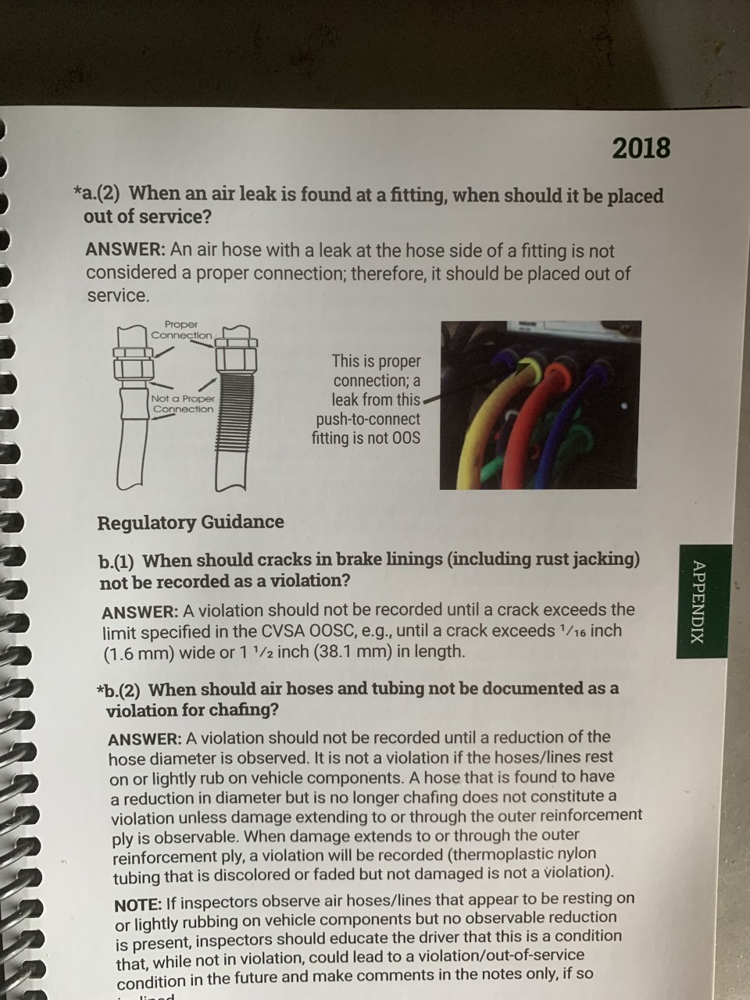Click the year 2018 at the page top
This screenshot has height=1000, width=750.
641,148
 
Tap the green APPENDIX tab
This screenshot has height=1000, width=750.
703,601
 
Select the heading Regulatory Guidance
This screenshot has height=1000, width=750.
191,522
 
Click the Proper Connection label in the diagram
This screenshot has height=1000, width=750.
181,330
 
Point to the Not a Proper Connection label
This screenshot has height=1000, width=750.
183,404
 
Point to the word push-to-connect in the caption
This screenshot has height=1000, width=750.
368,419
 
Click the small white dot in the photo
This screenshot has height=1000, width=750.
624,405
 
